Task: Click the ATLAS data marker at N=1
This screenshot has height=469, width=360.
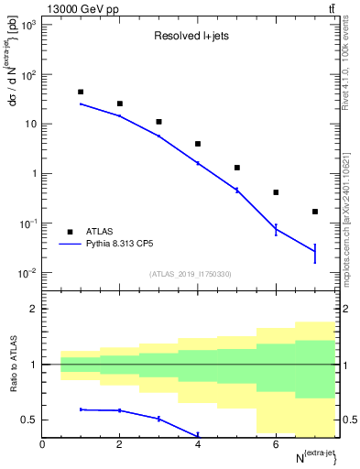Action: click(81, 93)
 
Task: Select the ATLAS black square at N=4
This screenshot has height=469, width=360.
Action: click(198, 144)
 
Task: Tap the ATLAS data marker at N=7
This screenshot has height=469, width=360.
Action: click(315, 212)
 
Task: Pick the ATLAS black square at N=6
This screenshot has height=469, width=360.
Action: click(276, 192)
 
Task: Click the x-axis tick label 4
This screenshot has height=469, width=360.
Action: click(198, 444)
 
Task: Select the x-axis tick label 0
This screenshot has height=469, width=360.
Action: click(42, 444)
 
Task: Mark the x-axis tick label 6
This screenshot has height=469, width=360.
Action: click(276, 444)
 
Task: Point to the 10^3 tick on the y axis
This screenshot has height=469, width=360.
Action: click(26, 25)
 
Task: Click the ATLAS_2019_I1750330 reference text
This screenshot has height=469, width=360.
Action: click(190, 274)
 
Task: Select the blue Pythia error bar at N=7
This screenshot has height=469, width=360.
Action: click(315, 252)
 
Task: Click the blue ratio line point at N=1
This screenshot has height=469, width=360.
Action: click(81, 409)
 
